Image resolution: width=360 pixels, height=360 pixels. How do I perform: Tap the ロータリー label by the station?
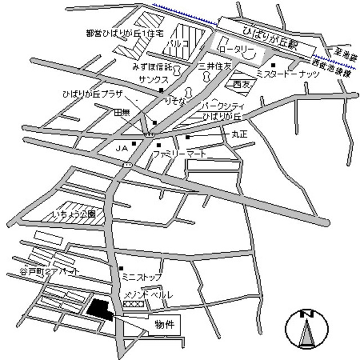[x=237, y=49]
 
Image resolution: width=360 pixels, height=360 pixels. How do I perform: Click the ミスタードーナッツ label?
[x=287, y=74]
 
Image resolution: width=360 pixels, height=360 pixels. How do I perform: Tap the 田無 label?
[x=122, y=112]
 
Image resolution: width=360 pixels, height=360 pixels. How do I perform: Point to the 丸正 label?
[x=240, y=134]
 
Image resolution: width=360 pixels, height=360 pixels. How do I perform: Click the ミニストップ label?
[x=142, y=277]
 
